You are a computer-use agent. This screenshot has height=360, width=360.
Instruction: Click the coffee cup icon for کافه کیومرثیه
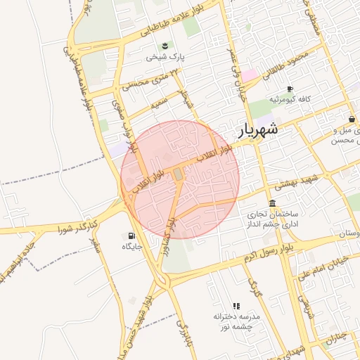289,89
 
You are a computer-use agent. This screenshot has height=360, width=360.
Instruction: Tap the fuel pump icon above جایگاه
131,236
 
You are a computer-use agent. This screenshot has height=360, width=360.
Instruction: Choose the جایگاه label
132,247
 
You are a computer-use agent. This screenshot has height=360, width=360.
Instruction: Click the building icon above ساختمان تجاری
272,202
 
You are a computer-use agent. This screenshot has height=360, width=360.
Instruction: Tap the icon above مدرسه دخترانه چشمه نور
236,306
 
